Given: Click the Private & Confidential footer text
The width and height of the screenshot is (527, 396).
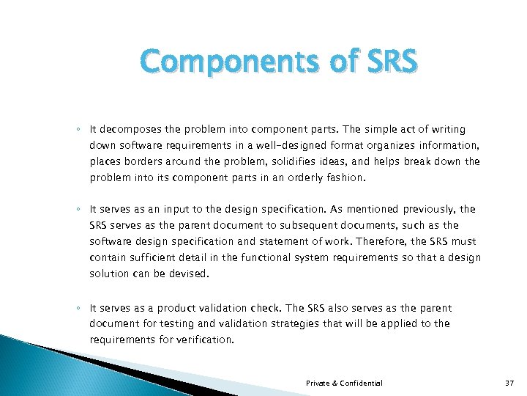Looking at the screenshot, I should tap(344, 384).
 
